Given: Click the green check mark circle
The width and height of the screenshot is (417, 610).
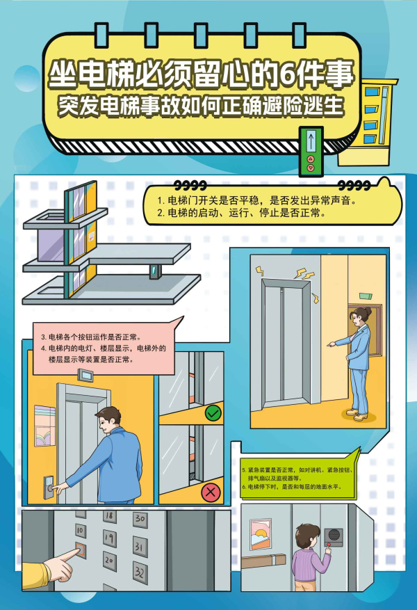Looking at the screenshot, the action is pyautogui.click(x=213, y=412).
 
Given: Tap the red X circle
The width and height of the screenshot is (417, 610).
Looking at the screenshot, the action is pyautogui.click(x=211, y=492).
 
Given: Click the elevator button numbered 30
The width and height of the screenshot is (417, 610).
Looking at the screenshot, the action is pyautogui.click(x=140, y=518).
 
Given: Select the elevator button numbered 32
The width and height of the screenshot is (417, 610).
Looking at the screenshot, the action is pyautogui.click(x=140, y=572).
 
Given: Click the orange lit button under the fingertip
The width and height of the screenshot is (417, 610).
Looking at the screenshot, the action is pyautogui.click(x=81, y=549).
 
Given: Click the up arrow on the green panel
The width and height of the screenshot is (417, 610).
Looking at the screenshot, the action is pyautogui.click(x=311, y=140).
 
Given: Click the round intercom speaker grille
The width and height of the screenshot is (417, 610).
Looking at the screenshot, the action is pyautogui.click(x=334, y=534).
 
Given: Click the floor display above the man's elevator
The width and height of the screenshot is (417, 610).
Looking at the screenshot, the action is pyautogui.click(x=85, y=376).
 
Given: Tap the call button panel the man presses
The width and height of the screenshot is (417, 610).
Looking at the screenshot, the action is pyautogui.click(x=48, y=487).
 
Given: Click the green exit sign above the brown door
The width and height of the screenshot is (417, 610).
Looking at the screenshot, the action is pyautogui.click(x=366, y=296).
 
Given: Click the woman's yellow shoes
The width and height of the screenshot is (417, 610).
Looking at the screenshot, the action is pyautogui.click(x=357, y=415).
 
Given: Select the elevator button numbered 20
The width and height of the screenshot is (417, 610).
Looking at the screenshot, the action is pyautogui.click(x=110, y=561).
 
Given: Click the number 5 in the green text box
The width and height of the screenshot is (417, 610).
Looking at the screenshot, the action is pyautogui.click(x=244, y=470).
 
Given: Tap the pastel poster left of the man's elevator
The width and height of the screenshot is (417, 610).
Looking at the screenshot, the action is pyautogui.click(x=44, y=426).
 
